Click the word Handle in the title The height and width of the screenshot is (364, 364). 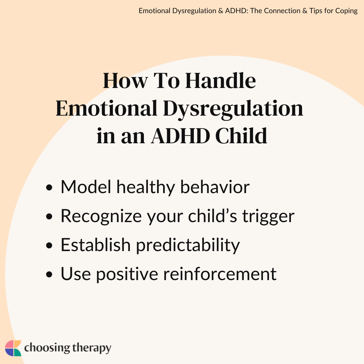220,81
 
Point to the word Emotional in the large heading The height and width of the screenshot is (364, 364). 107,108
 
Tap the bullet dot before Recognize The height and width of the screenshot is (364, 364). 49,216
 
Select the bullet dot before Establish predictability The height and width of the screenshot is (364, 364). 49,245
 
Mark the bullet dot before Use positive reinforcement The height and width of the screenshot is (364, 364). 49,274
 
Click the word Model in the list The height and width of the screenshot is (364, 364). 86,187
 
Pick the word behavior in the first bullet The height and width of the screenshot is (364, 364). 215,187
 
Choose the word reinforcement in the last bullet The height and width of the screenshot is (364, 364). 220,274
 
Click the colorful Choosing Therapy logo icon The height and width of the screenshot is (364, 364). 13,348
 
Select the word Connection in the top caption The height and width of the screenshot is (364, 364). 282,11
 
